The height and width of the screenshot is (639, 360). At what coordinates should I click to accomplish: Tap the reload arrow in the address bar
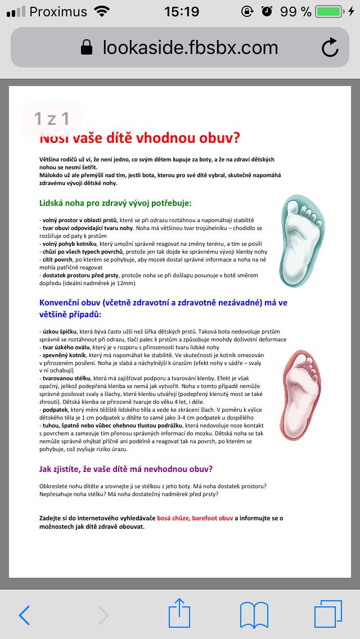330,48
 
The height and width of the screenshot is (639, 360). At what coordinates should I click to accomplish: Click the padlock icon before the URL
86,48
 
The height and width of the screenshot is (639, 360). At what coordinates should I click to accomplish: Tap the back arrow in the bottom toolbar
24,615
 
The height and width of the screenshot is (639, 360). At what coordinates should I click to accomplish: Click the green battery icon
329,11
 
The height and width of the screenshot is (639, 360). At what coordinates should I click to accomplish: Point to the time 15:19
181,11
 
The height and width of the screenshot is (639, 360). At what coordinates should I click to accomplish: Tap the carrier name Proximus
58,11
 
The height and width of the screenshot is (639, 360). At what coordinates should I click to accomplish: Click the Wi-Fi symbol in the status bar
102,11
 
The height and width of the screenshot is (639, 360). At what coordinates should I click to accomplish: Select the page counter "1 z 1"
52,119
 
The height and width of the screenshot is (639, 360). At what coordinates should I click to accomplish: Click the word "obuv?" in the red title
217,138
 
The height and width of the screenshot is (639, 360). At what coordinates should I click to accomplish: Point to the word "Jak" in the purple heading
46,469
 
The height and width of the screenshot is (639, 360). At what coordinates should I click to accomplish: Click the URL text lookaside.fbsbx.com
190,48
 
